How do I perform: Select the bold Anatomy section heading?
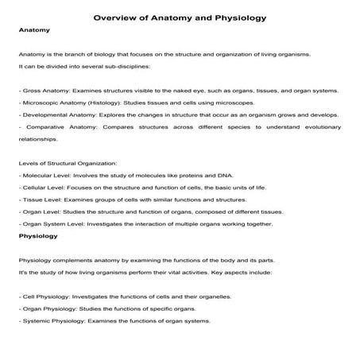34,31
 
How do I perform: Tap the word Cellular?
35,188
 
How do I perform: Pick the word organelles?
209,296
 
